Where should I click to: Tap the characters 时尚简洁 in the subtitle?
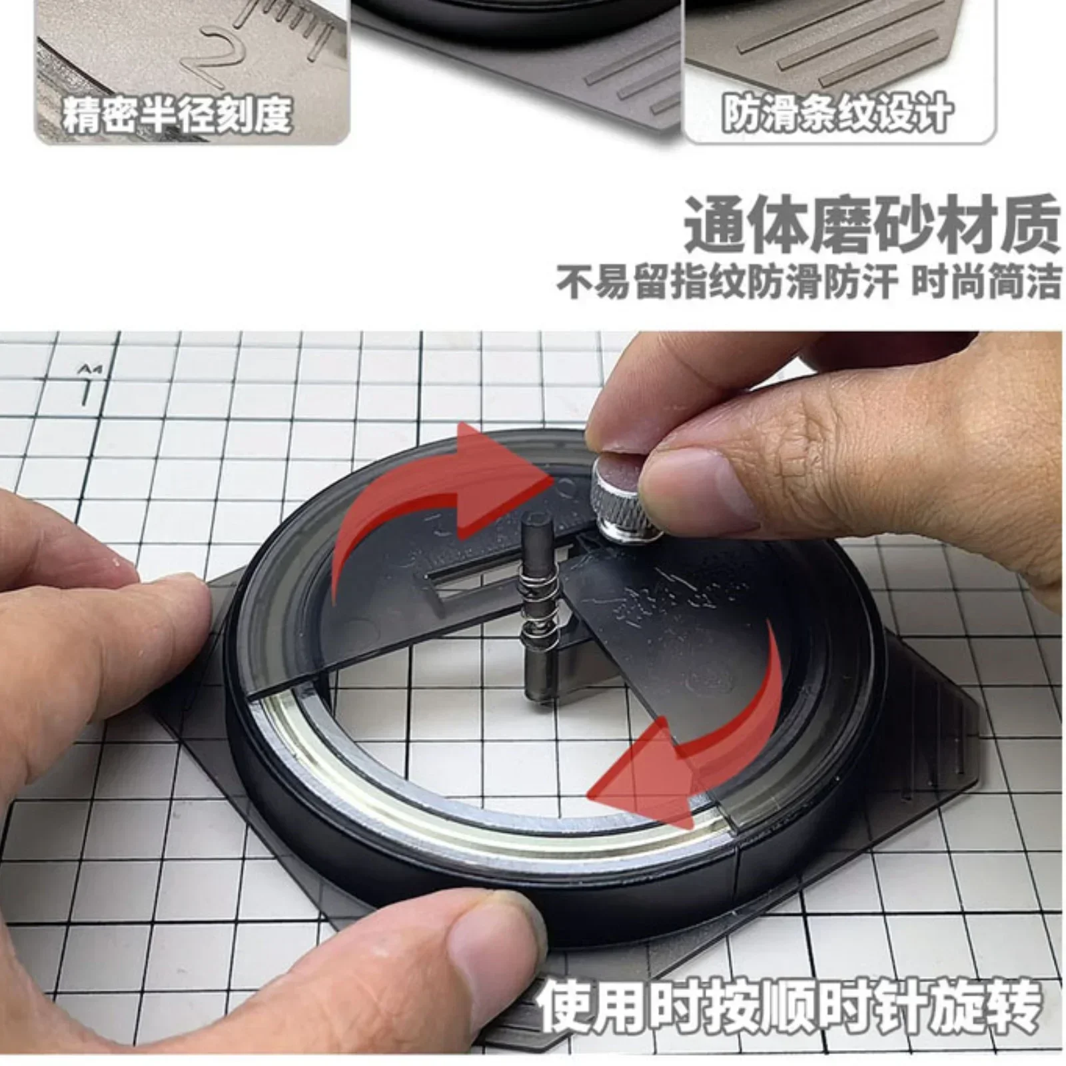[x=985, y=282]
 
